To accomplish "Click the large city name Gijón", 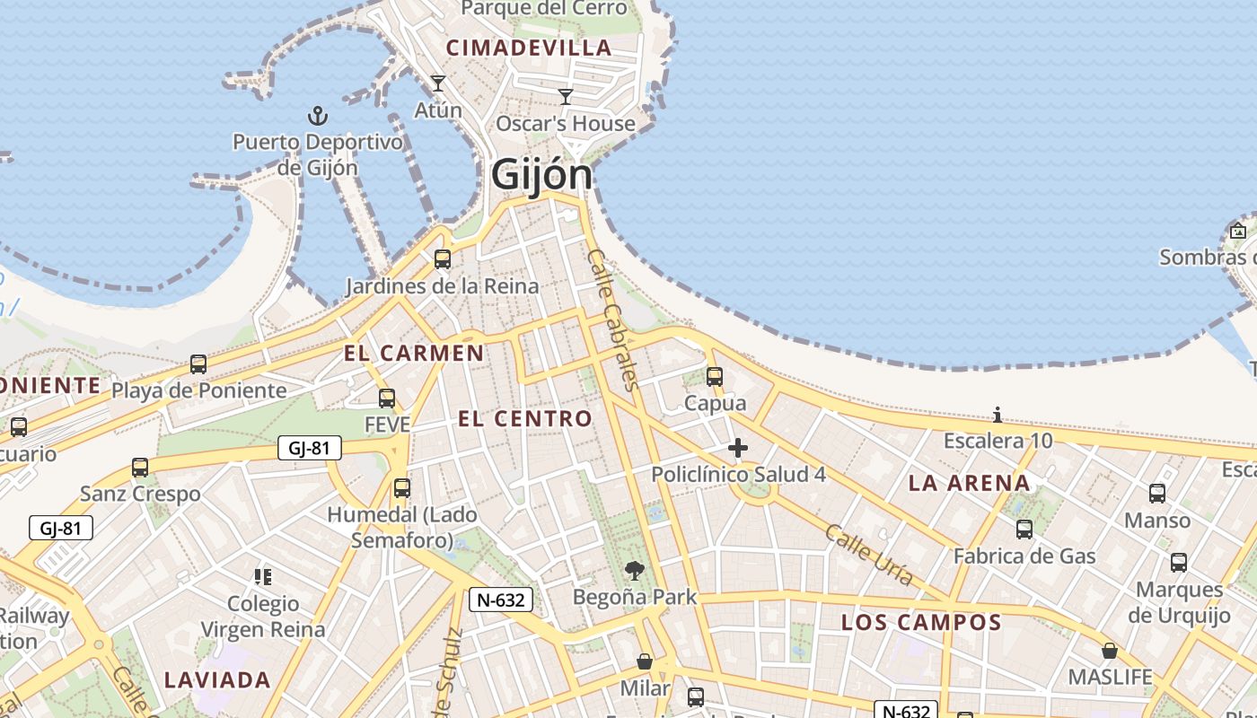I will pyautogui.click(x=542, y=175).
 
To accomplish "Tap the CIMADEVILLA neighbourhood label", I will pyautogui.click(x=529, y=48).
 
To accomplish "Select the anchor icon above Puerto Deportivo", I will pyautogui.click(x=317, y=116).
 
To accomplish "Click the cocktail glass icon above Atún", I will pyautogui.click(x=438, y=83).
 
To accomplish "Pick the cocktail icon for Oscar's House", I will pyautogui.click(x=566, y=97).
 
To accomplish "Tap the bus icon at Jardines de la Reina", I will pyautogui.click(x=443, y=259).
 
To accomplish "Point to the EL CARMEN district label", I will pyautogui.click(x=414, y=353).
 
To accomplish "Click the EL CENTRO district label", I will pyautogui.click(x=525, y=418).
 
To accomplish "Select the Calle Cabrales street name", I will pyautogui.click(x=613, y=320).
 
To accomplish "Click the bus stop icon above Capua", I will pyautogui.click(x=715, y=377).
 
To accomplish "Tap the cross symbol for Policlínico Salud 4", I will pyautogui.click(x=738, y=448).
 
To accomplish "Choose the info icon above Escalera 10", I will pyautogui.click(x=998, y=415).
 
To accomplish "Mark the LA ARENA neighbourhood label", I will pyautogui.click(x=970, y=483).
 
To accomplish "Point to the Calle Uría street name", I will pyautogui.click(x=869, y=556).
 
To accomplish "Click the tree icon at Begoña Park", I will pyautogui.click(x=635, y=571).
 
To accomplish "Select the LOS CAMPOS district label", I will pyautogui.click(x=921, y=622).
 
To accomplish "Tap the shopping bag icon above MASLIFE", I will pyautogui.click(x=1110, y=651).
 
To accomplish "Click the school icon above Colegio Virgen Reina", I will pyautogui.click(x=263, y=576).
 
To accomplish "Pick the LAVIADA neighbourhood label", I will pyautogui.click(x=217, y=679).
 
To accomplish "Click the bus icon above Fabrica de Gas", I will pyautogui.click(x=1024, y=530).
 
